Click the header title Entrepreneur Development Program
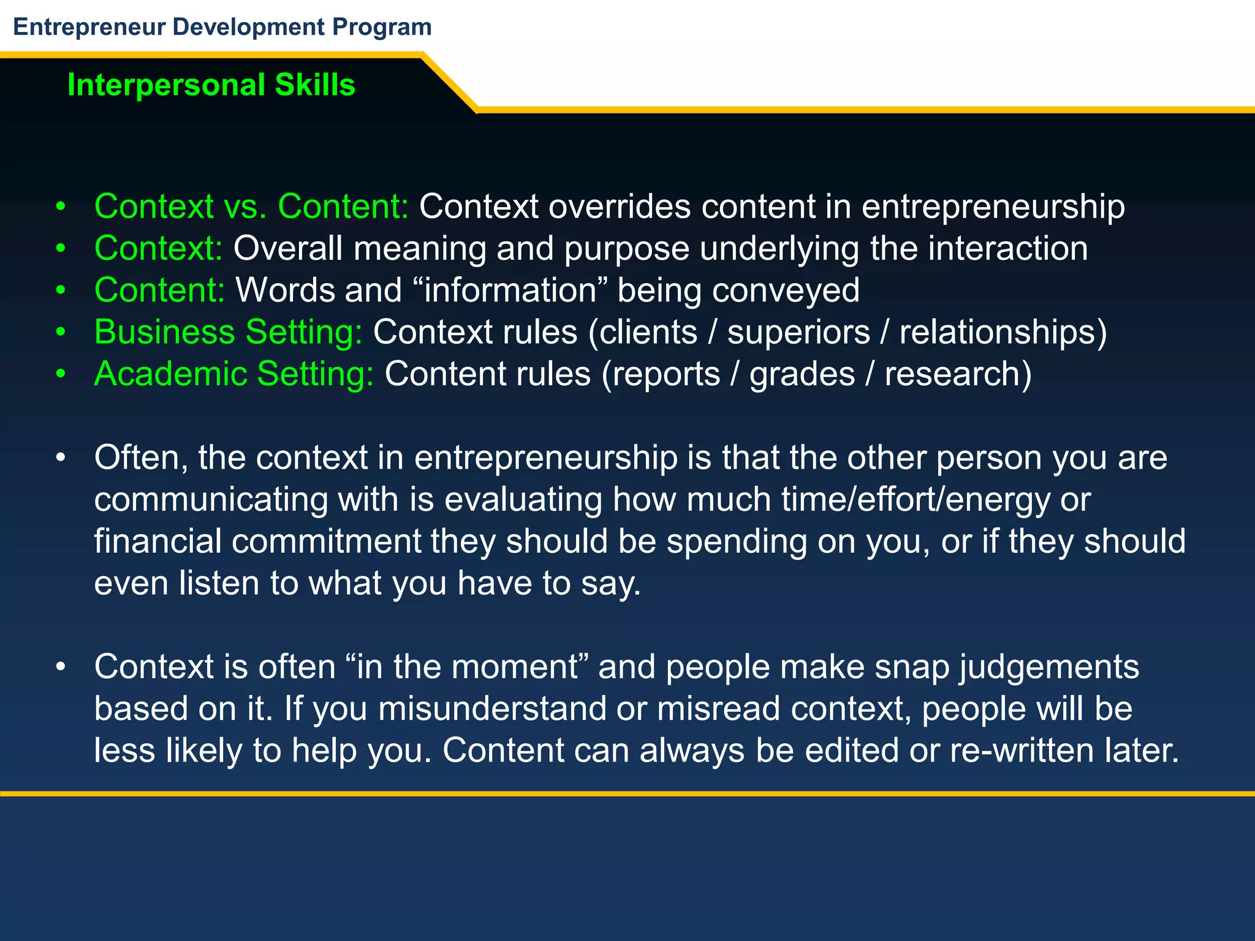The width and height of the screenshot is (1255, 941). [222, 28]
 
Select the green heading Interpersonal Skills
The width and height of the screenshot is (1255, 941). [211, 85]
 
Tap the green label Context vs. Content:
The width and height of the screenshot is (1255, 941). [251, 206]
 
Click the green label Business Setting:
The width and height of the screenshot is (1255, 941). [229, 333]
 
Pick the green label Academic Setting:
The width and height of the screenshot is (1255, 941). [234, 374]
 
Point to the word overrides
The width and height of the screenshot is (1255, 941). [620, 206]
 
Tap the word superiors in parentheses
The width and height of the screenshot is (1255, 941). [798, 333]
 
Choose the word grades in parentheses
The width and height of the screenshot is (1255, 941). [802, 374]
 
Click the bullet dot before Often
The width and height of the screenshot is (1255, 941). [60, 458]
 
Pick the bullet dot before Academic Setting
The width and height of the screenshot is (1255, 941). [60, 374]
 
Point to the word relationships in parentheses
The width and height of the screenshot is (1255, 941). [998, 333]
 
